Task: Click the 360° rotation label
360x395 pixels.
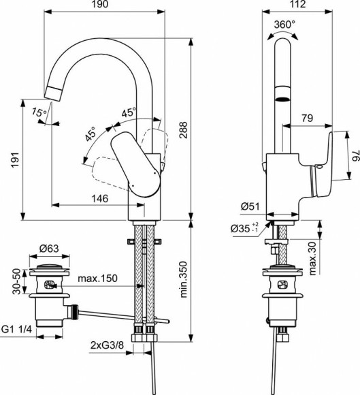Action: pos(284,24)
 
